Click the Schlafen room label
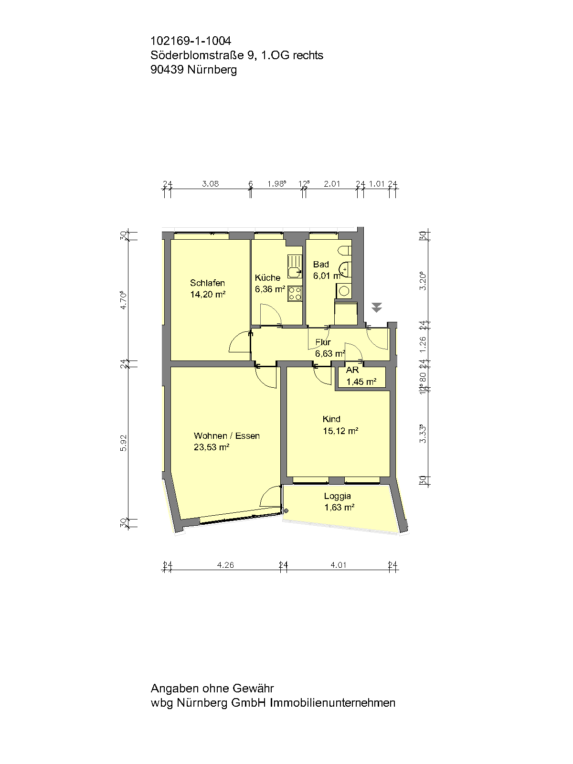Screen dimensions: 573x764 [207, 283]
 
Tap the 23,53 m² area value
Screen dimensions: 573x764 [212, 447]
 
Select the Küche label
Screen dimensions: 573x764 [267, 277]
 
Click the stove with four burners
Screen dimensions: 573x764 [295, 293]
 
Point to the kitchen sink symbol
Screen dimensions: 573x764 [295, 266]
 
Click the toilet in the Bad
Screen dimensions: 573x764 [345, 251]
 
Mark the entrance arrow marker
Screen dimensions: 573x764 [376, 308]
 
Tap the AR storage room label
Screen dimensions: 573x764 [352, 370]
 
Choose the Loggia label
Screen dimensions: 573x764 [338, 496]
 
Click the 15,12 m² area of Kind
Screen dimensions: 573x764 [340, 431]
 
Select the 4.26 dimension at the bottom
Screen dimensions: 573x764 [225, 565]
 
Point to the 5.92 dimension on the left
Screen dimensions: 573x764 [124, 443]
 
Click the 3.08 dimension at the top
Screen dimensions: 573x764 [211, 184]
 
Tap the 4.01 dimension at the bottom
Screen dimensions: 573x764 [339, 565]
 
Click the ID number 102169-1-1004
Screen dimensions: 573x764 [191, 41]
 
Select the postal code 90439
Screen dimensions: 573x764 [167, 70]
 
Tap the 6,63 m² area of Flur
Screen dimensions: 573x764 [330, 354]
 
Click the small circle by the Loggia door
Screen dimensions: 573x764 [286, 511]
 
